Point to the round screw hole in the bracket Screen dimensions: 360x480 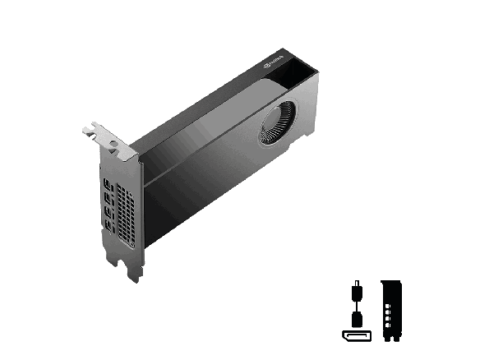[x=113, y=143]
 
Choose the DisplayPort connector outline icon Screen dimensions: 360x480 [x=356, y=335]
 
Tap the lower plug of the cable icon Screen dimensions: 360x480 [x=356, y=317]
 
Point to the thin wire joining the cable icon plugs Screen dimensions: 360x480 [x=356, y=303]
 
